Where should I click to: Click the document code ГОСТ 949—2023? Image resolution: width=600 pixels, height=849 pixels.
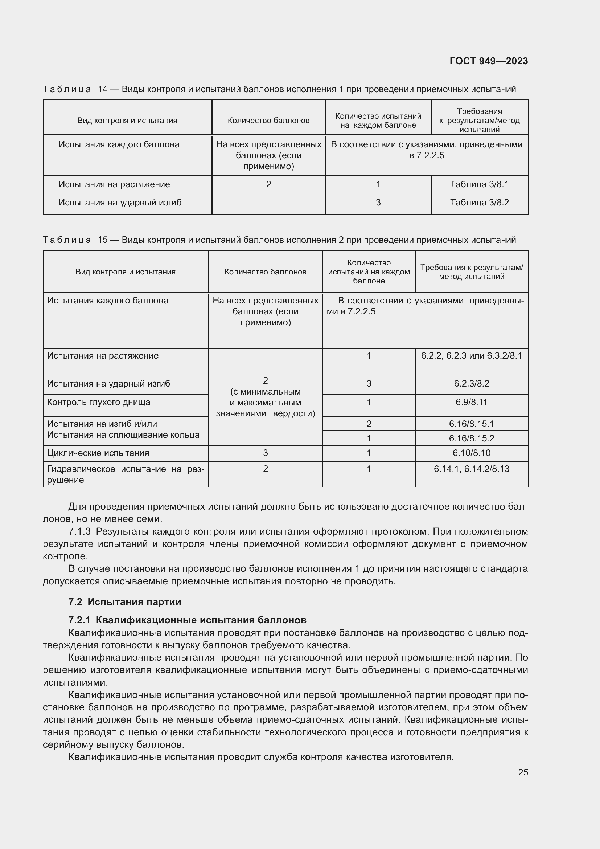489,61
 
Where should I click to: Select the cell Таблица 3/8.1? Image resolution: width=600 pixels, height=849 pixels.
479,184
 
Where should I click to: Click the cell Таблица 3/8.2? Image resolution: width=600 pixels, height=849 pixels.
479,202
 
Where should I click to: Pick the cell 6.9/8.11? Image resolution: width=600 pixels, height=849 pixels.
472,402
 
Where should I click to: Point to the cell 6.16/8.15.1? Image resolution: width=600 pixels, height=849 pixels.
472,424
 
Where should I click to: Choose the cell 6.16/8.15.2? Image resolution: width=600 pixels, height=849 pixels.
472,438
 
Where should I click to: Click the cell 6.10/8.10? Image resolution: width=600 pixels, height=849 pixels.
472,453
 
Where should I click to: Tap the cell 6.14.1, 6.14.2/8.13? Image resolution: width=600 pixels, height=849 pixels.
472,469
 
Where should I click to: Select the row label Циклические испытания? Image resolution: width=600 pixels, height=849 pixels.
98,453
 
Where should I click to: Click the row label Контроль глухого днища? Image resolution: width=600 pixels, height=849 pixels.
99,402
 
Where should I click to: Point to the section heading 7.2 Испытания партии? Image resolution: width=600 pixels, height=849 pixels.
125,601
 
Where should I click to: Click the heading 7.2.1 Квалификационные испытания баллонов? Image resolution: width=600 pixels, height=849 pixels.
187,620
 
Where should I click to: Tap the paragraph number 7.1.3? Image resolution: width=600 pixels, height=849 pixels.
79,531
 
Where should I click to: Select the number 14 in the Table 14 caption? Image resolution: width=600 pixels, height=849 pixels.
102,89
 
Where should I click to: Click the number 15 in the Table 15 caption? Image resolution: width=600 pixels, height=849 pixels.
102,240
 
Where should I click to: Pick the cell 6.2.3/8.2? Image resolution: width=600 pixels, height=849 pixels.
472,383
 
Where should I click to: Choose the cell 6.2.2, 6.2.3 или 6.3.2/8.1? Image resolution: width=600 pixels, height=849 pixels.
472,356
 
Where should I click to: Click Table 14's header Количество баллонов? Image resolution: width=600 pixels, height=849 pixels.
268,120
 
